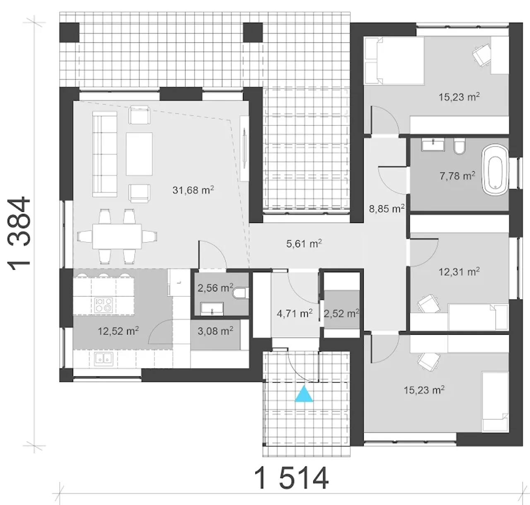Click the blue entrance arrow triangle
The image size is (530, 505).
pyautogui.click(x=304, y=394)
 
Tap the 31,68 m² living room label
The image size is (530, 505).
pyautogui.click(x=193, y=190)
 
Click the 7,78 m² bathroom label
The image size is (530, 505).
pyautogui.click(x=457, y=176)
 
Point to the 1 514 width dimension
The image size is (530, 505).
pyautogui.click(x=291, y=479)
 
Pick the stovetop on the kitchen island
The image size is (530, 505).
pyautogui.click(x=104, y=305)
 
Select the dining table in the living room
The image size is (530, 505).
pyautogui.click(x=117, y=236)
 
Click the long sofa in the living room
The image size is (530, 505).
pyautogui.click(x=105, y=154)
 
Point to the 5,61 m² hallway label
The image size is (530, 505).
pyautogui.click(x=304, y=244)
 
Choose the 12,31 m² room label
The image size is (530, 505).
pyautogui.click(x=459, y=272)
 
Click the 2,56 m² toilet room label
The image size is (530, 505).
pyautogui.click(x=215, y=288)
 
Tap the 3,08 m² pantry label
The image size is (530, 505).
pyautogui.click(x=215, y=331)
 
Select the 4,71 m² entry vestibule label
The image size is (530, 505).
pyautogui.click(x=295, y=313)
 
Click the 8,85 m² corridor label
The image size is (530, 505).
pyautogui.click(x=387, y=209)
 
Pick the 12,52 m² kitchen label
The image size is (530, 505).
pyautogui.click(x=118, y=331)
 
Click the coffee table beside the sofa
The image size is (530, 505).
pyautogui.click(x=139, y=154)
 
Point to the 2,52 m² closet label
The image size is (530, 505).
pyautogui.click(x=341, y=313)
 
